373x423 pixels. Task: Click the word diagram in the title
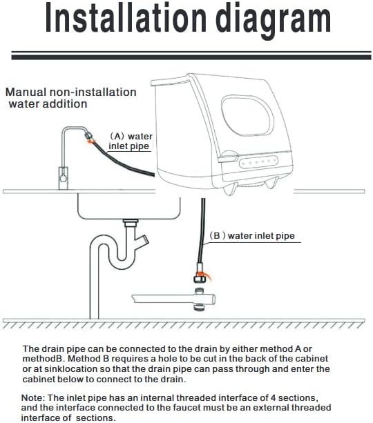(273, 21)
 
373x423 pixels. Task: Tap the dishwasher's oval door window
(247, 115)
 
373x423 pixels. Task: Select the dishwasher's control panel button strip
(258, 162)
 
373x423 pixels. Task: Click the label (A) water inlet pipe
(130, 141)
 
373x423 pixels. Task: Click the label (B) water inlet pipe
(251, 236)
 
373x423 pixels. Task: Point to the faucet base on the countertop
(63, 178)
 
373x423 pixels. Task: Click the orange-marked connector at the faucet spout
(89, 137)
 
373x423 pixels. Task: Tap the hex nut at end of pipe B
(200, 278)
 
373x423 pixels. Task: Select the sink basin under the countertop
(129, 206)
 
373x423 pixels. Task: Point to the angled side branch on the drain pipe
(142, 240)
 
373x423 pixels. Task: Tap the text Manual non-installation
(70, 92)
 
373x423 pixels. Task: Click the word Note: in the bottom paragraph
(32, 397)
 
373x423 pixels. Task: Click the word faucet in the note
(186, 407)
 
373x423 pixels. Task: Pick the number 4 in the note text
(273, 397)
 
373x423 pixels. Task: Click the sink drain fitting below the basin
(131, 223)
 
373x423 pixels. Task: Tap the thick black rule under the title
(191, 57)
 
